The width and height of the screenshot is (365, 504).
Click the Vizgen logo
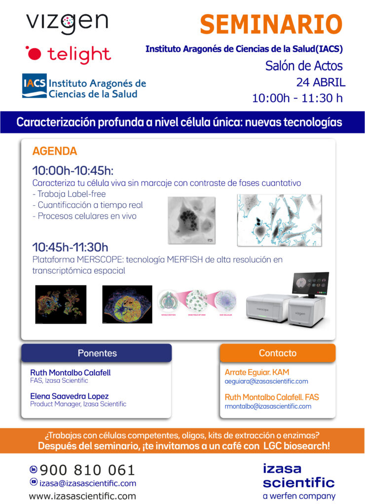pos(67,23)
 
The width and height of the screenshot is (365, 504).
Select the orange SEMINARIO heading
pos(271,24)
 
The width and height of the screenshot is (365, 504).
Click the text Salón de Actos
pos(304,65)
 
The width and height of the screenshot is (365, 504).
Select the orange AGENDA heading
pos(55,151)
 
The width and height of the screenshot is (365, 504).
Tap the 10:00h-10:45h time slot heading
pos(73,170)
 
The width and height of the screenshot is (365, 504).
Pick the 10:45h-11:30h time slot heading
pos(70,247)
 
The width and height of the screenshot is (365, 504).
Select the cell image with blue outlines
pos(279,220)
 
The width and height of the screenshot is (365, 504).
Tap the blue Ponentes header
pos(97,353)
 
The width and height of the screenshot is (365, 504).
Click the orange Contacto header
pos(278,353)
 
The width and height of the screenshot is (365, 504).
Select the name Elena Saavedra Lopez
pos(70,396)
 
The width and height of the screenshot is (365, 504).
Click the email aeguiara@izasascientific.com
pos(266,381)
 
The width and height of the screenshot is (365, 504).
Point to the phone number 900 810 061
pos(87,470)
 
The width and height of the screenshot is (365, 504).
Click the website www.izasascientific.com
pos(82,496)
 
